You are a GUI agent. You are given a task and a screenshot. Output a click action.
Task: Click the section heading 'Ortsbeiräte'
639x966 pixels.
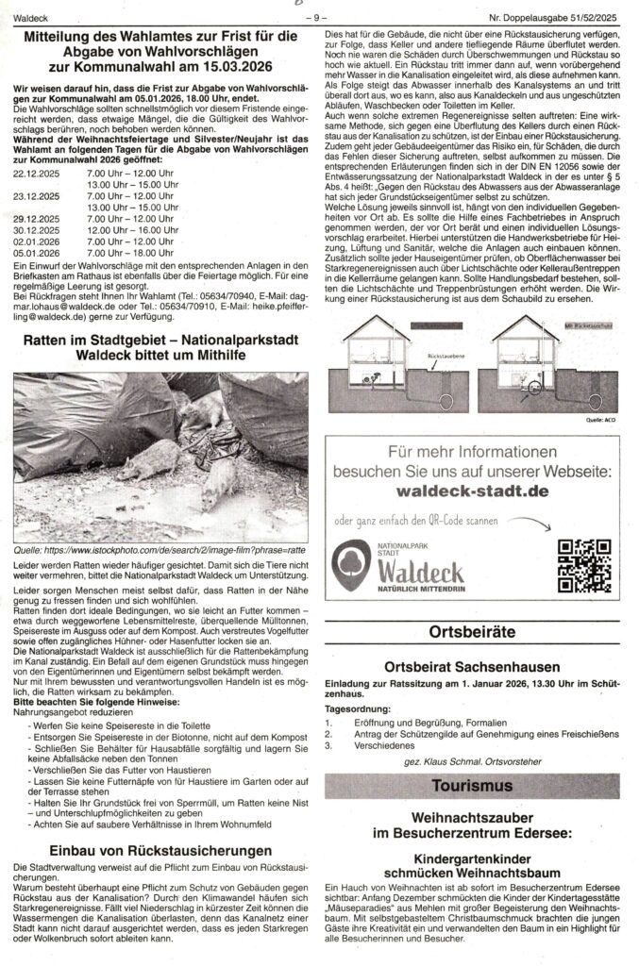click(479, 631)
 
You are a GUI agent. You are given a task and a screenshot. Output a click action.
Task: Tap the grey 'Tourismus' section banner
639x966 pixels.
click(479, 784)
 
